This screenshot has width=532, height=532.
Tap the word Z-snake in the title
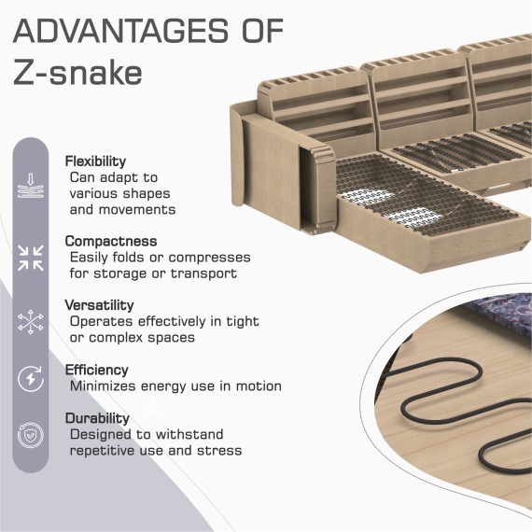coord(77,73)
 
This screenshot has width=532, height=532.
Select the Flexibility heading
coord(95,161)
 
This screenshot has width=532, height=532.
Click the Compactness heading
coord(111,241)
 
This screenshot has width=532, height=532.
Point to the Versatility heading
coord(99,305)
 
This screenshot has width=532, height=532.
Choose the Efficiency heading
coord(97,370)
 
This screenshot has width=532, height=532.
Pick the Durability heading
coord(97,418)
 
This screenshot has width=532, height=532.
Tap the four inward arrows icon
coord(31,258)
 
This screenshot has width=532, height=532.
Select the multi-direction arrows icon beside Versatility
coord(31,322)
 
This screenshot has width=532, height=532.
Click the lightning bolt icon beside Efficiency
coord(31,379)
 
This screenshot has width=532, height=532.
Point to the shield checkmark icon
coord(31,435)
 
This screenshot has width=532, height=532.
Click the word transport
coord(203,273)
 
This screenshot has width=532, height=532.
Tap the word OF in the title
coord(262,31)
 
